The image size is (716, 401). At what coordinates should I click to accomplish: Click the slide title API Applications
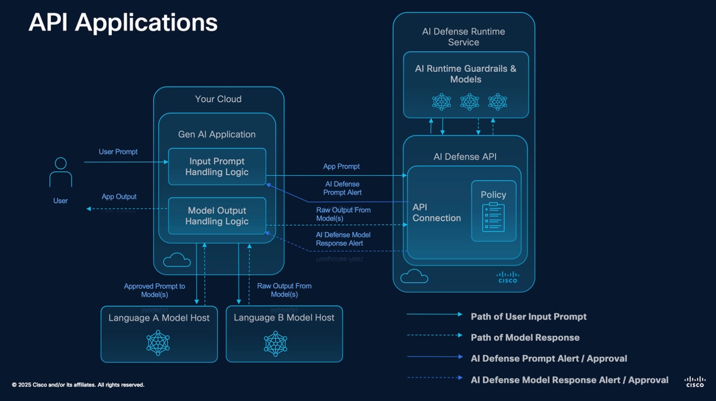123,23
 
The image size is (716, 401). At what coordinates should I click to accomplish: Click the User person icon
60,173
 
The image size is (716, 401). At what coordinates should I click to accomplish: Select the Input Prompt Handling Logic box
217,167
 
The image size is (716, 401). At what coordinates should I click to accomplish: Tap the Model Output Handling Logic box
217,216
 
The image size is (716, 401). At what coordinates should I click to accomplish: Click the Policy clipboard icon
493,217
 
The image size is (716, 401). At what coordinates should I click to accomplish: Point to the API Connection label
436,213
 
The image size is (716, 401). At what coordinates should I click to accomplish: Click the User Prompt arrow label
118,152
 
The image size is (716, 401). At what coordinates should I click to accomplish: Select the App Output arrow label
119,197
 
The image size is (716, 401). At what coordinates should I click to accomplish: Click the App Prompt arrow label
341,167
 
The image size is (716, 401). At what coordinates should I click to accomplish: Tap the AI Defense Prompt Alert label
342,188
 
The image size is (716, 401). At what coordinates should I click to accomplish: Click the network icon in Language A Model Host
158,343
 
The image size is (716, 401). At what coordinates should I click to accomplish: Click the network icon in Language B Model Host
275,343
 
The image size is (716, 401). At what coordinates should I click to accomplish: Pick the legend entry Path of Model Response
525,338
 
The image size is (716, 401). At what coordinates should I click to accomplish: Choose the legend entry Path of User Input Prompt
528,316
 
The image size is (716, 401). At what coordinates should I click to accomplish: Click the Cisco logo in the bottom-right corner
694,382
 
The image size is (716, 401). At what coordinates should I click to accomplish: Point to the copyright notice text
78,385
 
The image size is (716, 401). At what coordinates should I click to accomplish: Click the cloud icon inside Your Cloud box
177,260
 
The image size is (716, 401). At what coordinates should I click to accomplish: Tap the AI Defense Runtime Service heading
464,37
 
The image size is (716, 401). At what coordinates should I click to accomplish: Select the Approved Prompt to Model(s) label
155,290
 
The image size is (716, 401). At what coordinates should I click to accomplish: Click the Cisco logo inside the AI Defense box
507,277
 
